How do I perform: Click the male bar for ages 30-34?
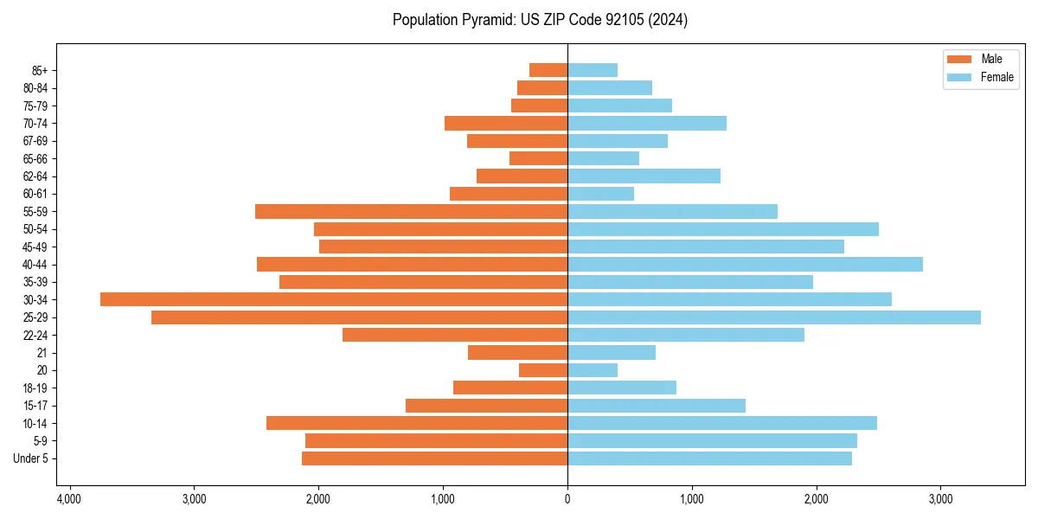click(x=334, y=299)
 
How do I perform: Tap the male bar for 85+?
click(x=548, y=70)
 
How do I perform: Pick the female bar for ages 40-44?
click(x=745, y=264)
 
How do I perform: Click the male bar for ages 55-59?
click(x=411, y=211)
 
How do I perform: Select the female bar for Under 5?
click(x=709, y=458)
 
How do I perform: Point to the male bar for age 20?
click(x=543, y=370)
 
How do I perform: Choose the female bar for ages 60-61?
click(x=600, y=194)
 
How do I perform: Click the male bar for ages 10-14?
click(x=417, y=423)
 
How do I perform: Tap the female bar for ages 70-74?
click(x=647, y=123)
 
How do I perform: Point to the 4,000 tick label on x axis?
click(x=69, y=499)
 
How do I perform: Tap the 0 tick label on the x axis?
click(x=567, y=499)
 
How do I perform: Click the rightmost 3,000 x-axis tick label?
click(x=940, y=499)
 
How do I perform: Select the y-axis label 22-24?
click(x=35, y=335)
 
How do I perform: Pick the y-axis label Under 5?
click(x=31, y=458)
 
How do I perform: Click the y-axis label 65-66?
click(x=35, y=158)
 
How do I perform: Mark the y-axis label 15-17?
click(x=35, y=406)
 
